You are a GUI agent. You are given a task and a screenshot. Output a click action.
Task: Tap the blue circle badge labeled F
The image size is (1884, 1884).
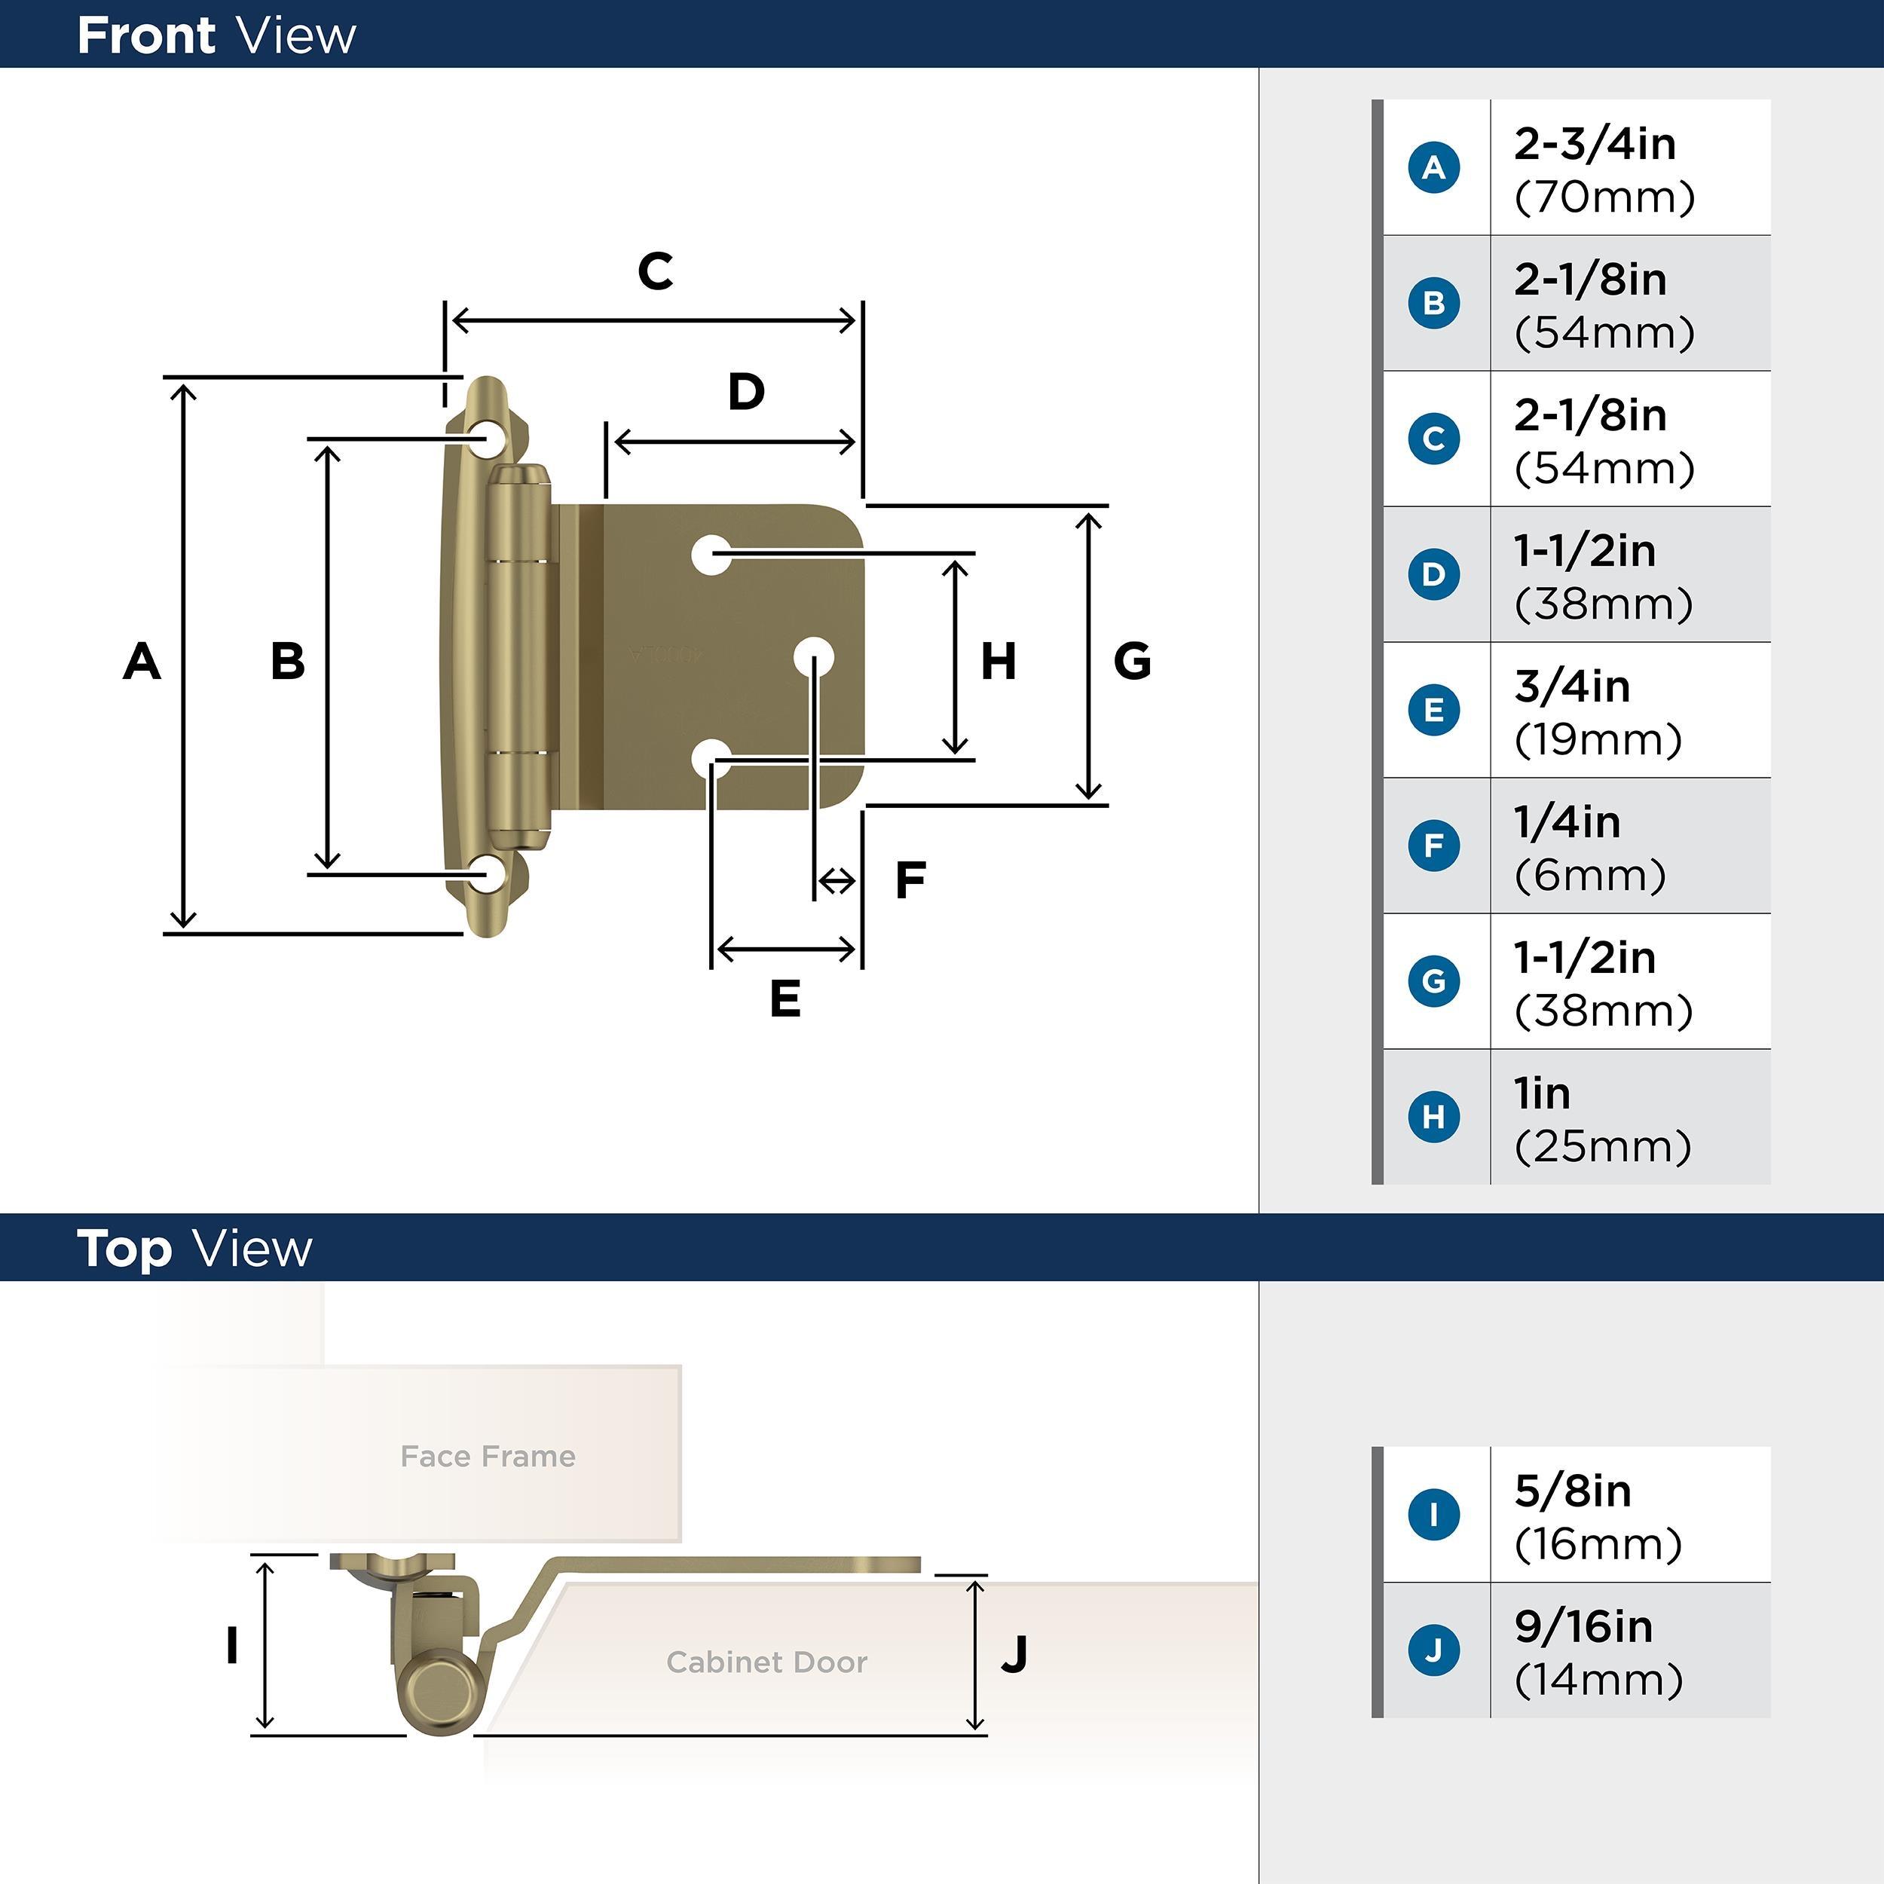[x=1433, y=845]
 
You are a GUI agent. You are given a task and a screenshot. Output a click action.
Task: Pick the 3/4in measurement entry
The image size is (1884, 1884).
[x=1572, y=687]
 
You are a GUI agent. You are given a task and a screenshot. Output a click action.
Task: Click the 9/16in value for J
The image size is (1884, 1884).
[x=1583, y=1626]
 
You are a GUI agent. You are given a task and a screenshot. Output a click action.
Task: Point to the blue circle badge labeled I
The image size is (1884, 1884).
[x=1433, y=1515]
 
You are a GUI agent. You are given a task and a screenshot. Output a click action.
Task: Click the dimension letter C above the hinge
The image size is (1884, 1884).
[x=656, y=271]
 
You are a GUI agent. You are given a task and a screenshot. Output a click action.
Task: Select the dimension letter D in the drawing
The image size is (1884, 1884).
[x=746, y=392]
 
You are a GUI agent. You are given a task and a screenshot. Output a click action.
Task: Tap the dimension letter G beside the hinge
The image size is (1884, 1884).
[x=1132, y=661]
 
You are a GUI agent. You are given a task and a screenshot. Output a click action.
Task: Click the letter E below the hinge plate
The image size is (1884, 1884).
[x=785, y=999]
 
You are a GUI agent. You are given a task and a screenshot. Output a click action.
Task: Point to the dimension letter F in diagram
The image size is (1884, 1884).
[x=910, y=880]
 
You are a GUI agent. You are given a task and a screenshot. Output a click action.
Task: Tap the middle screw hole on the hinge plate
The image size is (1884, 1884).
[x=813, y=658]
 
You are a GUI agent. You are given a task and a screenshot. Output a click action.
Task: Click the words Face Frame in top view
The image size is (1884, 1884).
[x=488, y=1456]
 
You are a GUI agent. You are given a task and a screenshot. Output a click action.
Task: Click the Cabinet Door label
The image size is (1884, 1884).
[x=766, y=1662]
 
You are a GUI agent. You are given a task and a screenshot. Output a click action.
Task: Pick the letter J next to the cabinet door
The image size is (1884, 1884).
[x=1014, y=1654]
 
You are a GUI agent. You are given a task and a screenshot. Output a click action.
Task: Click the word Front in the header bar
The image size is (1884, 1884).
[x=146, y=36]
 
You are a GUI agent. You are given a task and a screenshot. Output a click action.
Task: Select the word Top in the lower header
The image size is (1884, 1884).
[x=124, y=1249]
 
